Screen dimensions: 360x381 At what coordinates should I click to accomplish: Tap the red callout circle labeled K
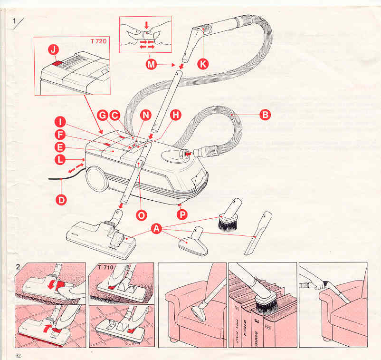point(203,65)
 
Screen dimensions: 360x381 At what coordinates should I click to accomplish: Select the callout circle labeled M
point(152,65)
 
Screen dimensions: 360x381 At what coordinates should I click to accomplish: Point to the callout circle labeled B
point(265,115)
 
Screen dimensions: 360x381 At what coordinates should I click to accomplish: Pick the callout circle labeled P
point(182,214)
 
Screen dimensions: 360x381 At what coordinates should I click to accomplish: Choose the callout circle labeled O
point(141,215)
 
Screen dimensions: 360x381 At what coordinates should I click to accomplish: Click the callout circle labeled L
point(60,160)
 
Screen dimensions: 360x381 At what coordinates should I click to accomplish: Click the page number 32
point(19,356)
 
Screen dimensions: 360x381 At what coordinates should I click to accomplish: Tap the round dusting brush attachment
point(229,220)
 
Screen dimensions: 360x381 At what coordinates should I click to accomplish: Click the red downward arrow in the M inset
point(146,24)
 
